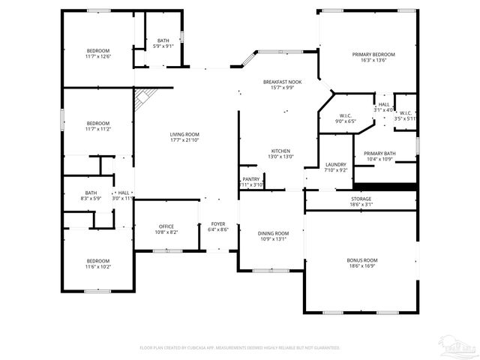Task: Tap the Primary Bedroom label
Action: click(x=373, y=55)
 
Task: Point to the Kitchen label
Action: click(x=280, y=151)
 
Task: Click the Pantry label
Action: click(x=250, y=179)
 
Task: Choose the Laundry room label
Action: click(x=335, y=164)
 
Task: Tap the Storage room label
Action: click(x=361, y=199)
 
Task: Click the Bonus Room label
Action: click(x=361, y=259)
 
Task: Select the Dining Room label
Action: click(x=273, y=233)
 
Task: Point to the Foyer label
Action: click(x=217, y=224)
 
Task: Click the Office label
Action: click(x=166, y=226)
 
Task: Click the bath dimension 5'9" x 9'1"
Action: click(x=163, y=46)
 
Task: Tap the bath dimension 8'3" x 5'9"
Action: click(x=91, y=199)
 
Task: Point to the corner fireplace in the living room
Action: click(x=144, y=99)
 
